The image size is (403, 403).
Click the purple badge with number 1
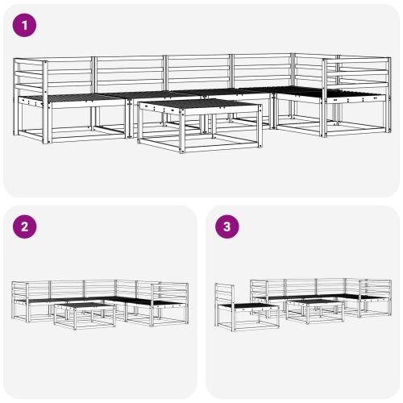click(24, 25)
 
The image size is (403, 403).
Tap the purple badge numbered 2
click(24, 226)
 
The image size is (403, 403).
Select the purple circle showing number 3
click(227, 226)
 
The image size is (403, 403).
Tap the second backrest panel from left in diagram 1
click(130, 70)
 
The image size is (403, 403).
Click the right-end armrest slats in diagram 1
click(357, 73)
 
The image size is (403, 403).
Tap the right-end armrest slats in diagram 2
click(170, 292)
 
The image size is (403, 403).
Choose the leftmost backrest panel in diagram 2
click(39, 289)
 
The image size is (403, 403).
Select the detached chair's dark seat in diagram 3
click(251, 305)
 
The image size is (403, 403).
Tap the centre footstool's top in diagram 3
click(314, 301)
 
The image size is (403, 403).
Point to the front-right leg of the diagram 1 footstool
click(260, 127)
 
